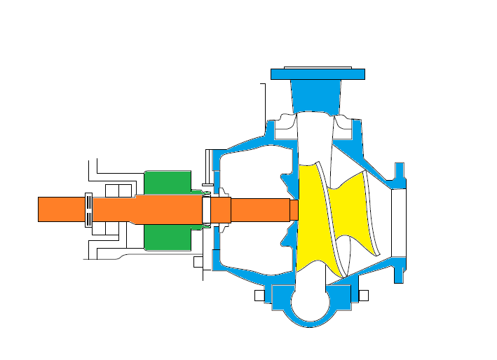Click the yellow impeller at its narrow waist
pos(344,211)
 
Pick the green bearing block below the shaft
pos(167,237)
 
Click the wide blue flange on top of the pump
pos(318,74)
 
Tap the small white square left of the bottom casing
pos(259,296)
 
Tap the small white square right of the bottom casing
pos(363,296)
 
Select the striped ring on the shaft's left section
pos(88,209)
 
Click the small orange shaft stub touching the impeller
pos(294,209)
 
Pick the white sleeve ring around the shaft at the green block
pos(206,209)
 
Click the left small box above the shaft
pos(112,191)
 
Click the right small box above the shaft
pos(126,191)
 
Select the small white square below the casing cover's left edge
pos(198,262)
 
